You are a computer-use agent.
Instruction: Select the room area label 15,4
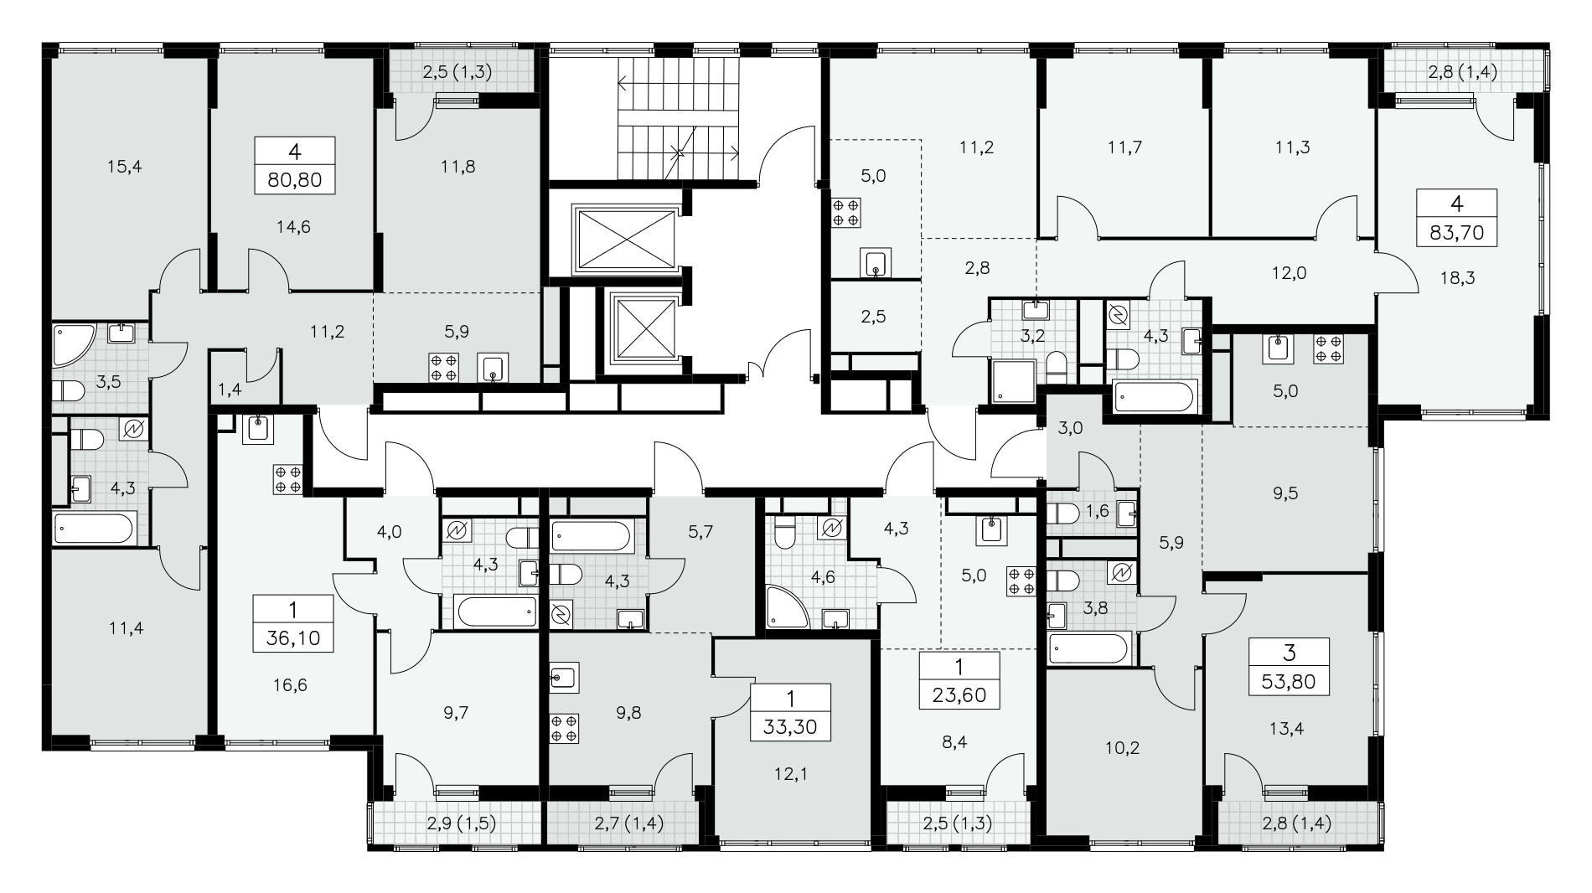[x=125, y=167]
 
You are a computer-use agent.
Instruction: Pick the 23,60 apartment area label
[x=959, y=694]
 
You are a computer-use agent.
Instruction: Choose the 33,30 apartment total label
[x=790, y=725]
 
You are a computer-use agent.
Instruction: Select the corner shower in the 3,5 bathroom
[x=75, y=345]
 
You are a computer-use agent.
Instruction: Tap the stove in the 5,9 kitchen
[x=443, y=368]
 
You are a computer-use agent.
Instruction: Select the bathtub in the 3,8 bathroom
[x=1088, y=649]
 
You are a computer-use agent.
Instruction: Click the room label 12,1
[x=790, y=775]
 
